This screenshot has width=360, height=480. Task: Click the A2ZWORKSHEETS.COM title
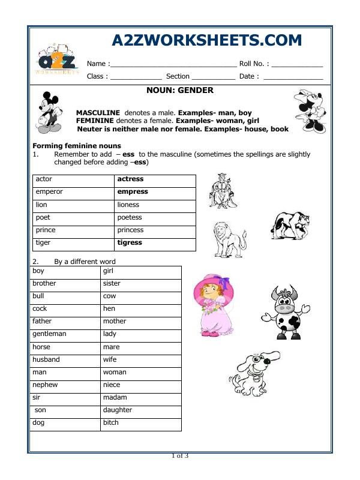[207, 40]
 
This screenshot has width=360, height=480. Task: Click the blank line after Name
[173, 64]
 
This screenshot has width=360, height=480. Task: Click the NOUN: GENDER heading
[179, 91]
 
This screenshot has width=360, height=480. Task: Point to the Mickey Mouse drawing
[49, 112]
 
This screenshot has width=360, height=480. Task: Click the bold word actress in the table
[130, 179]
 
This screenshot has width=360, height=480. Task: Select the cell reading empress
[133, 192]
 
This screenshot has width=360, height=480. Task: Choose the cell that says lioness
[128, 205]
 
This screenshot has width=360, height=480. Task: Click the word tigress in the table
[130, 242]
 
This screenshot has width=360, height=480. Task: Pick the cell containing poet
[43, 217]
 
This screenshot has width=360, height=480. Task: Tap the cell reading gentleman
[49, 334]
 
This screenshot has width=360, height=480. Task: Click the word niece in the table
[112, 385]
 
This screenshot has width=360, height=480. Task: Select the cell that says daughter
[118, 410]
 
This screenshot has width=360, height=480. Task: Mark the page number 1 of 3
[180, 456]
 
